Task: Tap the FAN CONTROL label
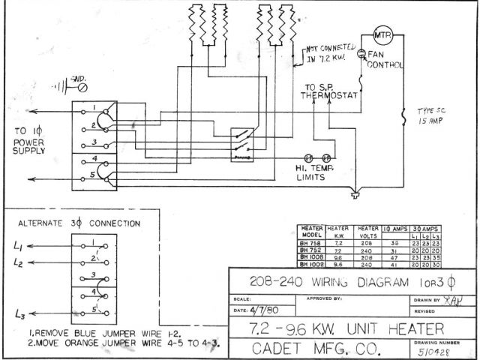point(383,60)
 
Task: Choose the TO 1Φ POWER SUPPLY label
point(29,139)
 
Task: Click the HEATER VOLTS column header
point(367,231)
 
